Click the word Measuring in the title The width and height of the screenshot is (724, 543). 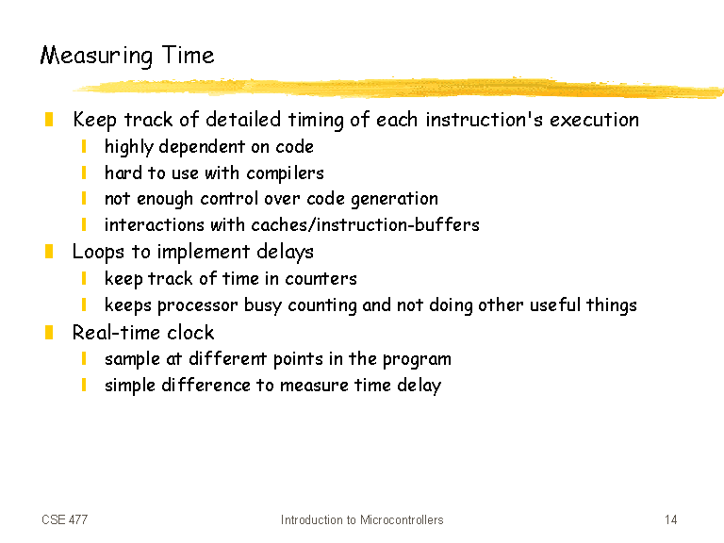point(96,57)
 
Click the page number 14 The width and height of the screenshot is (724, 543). point(671,520)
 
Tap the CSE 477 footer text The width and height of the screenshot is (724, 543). point(65,520)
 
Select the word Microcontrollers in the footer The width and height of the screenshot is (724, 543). point(402,520)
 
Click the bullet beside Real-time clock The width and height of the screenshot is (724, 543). point(49,333)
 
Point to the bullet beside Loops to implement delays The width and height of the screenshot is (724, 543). point(49,252)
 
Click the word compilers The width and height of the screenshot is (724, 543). point(285,173)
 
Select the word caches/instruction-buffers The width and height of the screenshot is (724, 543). point(365,225)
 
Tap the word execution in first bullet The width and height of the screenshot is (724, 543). point(594,120)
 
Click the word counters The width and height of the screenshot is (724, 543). point(321,279)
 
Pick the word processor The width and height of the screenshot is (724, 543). point(198,305)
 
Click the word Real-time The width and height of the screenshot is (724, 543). point(116,333)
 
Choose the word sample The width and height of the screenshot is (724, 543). point(132,360)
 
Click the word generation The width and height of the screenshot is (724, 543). point(394,200)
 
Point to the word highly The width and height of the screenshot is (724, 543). point(129,147)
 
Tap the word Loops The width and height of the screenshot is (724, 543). point(98,253)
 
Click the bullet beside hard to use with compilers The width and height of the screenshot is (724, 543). point(84,173)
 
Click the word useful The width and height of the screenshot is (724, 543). point(555,305)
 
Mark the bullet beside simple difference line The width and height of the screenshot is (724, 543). point(84,385)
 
